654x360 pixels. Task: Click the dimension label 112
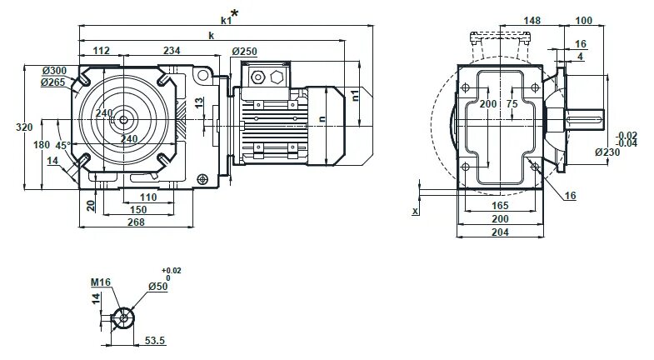(x=102, y=51)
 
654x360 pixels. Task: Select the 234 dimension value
(x=172, y=51)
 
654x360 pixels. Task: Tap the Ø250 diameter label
(x=244, y=52)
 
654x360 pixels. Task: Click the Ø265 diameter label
(x=54, y=82)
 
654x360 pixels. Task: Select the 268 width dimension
(x=136, y=222)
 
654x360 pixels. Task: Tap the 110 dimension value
(x=147, y=197)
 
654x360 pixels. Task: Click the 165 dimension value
(x=499, y=205)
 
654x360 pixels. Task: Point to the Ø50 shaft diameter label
(x=157, y=286)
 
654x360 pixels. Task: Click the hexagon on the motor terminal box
(x=277, y=77)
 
